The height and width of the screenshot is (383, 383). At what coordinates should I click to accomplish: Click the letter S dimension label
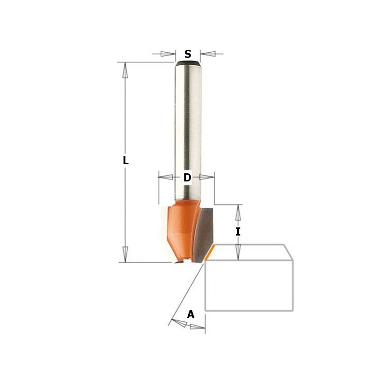[x=188, y=54]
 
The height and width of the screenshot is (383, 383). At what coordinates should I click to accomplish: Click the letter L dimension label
[x=125, y=161]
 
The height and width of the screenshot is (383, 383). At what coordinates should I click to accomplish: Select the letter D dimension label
[x=187, y=178]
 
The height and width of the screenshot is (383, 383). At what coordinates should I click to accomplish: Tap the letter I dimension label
[x=238, y=232]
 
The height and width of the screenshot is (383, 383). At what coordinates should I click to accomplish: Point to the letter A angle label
[x=191, y=314]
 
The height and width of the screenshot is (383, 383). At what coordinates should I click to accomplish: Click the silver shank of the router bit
[x=188, y=129]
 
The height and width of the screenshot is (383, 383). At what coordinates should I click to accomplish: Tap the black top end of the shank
[x=188, y=62]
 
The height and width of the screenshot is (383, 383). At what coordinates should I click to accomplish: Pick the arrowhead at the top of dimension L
[x=125, y=71]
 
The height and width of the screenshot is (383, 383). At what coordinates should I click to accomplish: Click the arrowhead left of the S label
[x=168, y=54]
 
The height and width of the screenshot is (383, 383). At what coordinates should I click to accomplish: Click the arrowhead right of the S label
[x=208, y=54]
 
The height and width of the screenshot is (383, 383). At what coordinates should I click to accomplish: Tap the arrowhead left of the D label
[x=166, y=178]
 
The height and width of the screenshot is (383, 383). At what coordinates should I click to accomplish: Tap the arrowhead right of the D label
[x=207, y=178]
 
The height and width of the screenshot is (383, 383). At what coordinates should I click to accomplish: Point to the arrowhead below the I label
[x=238, y=252]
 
